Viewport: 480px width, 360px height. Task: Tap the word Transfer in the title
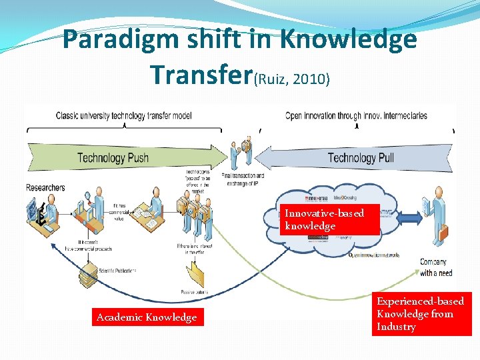[200, 74]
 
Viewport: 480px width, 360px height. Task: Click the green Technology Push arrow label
[113, 158]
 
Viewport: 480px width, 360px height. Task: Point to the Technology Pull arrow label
[361, 158]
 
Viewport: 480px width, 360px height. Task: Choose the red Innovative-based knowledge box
[330, 219]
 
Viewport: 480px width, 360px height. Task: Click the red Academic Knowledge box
[147, 317]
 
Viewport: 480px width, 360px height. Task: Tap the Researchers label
[45, 188]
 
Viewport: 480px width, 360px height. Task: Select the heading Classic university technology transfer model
[123, 116]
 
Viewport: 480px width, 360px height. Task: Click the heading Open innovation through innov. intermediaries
[356, 116]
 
